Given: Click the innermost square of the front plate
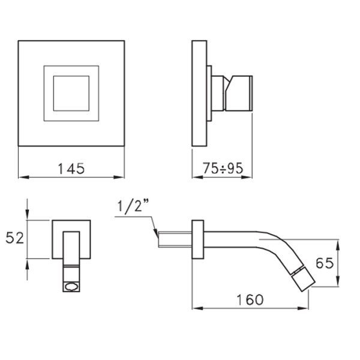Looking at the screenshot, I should point(71,93).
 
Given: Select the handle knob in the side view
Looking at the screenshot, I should point(238,93).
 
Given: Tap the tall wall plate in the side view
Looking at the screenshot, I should point(199,93).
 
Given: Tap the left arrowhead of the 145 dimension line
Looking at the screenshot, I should point(22,177).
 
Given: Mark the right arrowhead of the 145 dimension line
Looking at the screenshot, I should point(121,177).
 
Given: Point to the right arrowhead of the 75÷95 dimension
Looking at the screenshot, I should point(247,177).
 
